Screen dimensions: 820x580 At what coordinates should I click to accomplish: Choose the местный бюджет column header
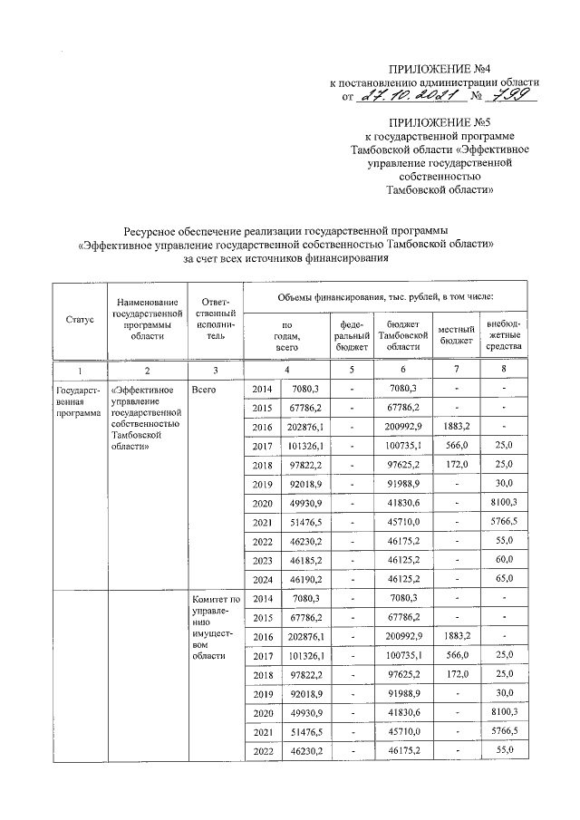click(457, 334)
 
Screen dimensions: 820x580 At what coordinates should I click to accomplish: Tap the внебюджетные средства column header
click(503, 334)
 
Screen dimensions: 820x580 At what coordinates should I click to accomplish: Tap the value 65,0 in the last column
click(503, 578)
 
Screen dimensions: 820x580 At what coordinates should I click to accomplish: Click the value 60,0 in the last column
click(503, 559)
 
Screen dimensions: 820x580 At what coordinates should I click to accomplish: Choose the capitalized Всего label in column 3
click(203, 389)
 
